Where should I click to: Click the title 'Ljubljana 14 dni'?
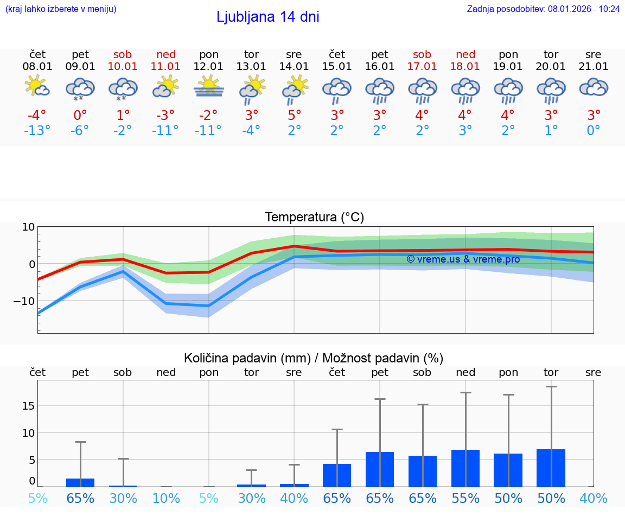click(267, 17)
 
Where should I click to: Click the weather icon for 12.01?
click(209, 87)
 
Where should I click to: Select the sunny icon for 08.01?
click(37, 87)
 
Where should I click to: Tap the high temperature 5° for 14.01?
click(294, 115)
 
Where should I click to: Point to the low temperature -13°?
click(37, 131)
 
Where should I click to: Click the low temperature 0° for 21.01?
click(594, 131)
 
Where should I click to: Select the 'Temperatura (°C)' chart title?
click(314, 218)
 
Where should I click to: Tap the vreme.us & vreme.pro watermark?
click(463, 259)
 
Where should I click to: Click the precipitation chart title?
click(314, 358)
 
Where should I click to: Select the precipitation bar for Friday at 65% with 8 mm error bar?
click(80, 482)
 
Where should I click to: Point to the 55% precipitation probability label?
click(465, 499)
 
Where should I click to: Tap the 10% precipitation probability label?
click(166, 499)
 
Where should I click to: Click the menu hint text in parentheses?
click(61, 9)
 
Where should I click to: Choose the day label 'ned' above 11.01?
click(166, 54)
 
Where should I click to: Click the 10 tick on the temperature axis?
click(28, 227)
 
